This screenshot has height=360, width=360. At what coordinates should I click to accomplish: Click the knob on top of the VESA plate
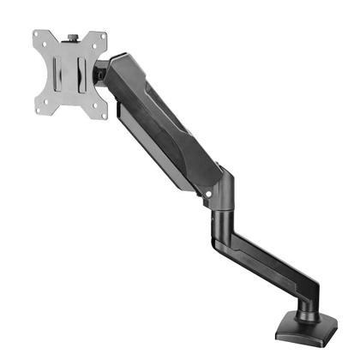click(72, 37)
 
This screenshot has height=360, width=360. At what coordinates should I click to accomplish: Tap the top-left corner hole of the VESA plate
click(39, 37)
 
